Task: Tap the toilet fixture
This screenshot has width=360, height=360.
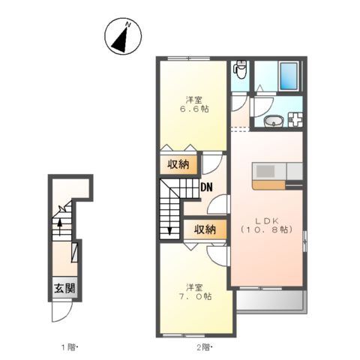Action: pyautogui.click(x=240, y=70)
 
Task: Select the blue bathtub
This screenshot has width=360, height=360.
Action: pyautogui.click(x=288, y=75)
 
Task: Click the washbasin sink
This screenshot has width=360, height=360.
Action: pyautogui.click(x=272, y=121)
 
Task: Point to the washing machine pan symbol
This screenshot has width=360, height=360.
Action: pyautogui.click(x=294, y=119)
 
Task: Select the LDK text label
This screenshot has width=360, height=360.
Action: pyautogui.click(x=266, y=220)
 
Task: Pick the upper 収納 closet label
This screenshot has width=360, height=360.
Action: pyautogui.click(x=178, y=164)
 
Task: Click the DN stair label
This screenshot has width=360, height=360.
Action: pyautogui.click(x=206, y=188)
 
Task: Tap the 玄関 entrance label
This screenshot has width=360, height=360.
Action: pyautogui.click(x=62, y=288)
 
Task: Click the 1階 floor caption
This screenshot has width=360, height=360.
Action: pyautogui.click(x=70, y=346)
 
